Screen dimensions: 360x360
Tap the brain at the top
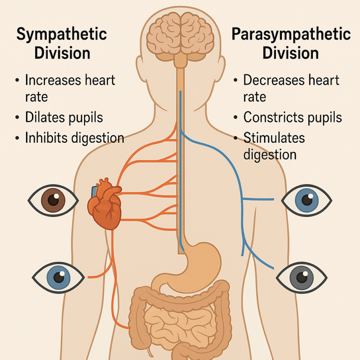[180, 34]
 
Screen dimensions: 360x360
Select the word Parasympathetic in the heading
[291, 35]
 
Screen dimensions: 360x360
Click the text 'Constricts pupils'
[292, 117]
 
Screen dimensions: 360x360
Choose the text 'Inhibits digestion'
[74, 138]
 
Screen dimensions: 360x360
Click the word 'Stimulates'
[274, 138]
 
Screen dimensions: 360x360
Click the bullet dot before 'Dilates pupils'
[17, 117]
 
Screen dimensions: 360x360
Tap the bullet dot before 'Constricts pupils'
[235, 117]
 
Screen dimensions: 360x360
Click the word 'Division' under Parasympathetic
[291, 54]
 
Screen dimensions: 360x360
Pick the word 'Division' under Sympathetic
[62, 54]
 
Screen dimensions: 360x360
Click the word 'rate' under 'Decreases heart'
[255, 96]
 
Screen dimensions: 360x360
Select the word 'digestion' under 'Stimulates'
[270, 154]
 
